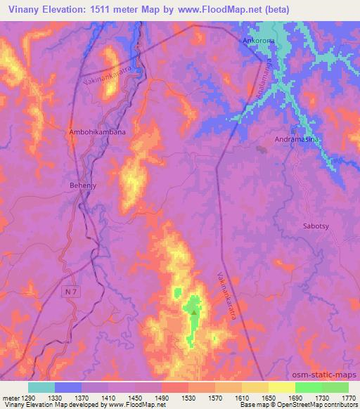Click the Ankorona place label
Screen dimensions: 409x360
[x=259, y=41]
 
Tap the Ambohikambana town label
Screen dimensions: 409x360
[x=97, y=131]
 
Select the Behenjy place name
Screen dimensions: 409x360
[x=82, y=186]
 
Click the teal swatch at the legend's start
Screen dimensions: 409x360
[x=41, y=387]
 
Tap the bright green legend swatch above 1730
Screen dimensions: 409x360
[x=309, y=387]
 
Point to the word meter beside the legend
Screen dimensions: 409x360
[x=10, y=397]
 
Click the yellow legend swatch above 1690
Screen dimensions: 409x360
[x=282, y=387]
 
